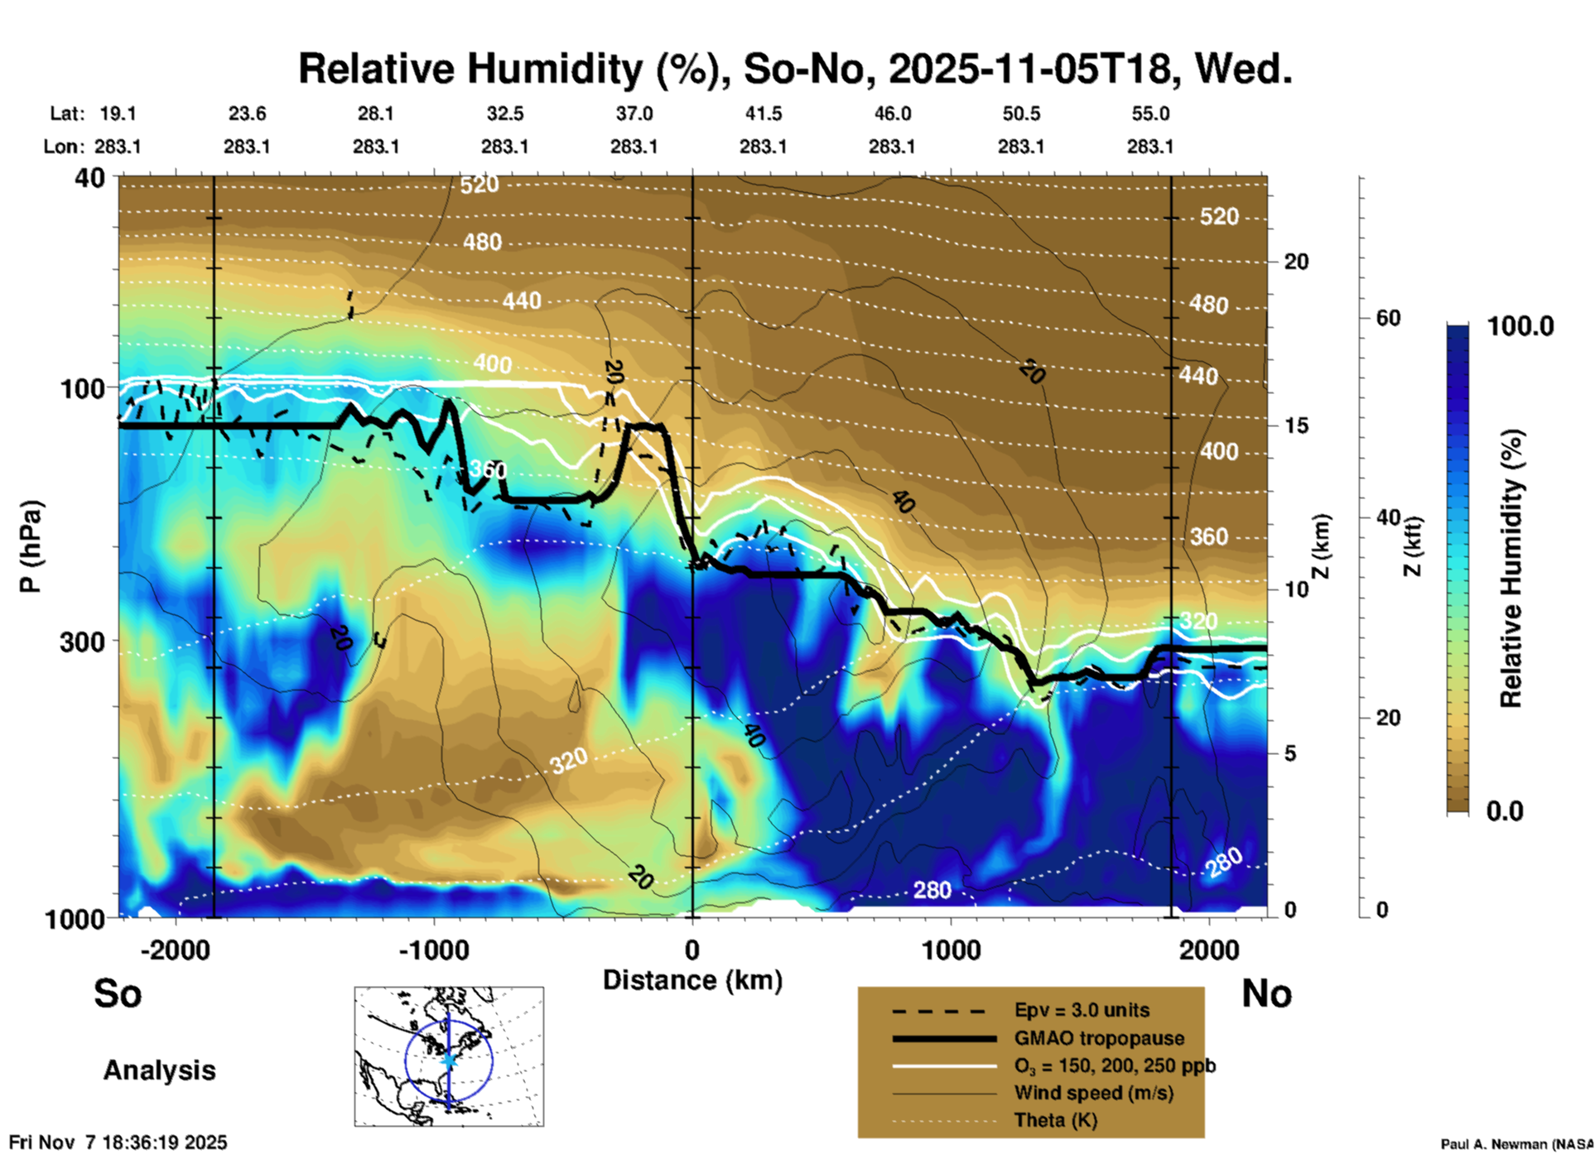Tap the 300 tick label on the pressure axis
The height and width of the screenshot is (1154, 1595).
pyautogui.click(x=83, y=642)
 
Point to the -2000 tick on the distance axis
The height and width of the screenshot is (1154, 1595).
pyautogui.click(x=176, y=950)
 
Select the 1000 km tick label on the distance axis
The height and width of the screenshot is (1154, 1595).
pyautogui.click(x=951, y=950)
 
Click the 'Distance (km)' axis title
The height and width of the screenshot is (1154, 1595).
pyautogui.click(x=692, y=980)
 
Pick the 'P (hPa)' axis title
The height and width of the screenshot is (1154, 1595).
pyautogui.click(x=31, y=546)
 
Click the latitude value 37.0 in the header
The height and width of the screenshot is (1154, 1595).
pyautogui.click(x=634, y=113)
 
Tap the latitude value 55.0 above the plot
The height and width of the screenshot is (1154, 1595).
pyautogui.click(x=1149, y=113)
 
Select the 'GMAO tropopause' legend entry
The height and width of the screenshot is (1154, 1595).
pyautogui.click(x=1099, y=1038)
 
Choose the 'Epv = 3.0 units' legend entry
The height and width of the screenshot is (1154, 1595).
pyautogui.click(x=1082, y=1011)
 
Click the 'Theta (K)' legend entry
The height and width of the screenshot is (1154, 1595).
pyautogui.click(x=1055, y=1120)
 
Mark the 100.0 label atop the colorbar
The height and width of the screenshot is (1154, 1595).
pyautogui.click(x=1520, y=326)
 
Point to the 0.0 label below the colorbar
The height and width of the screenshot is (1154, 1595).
pyautogui.click(x=1505, y=810)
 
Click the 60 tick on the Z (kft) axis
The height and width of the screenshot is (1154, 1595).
pyautogui.click(x=1388, y=318)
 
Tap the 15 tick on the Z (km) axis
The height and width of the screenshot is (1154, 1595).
pyautogui.click(x=1296, y=426)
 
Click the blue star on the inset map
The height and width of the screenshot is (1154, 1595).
pyautogui.click(x=449, y=1060)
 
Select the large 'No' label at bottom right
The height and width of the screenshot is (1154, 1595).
pyautogui.click(x=1266, y=993)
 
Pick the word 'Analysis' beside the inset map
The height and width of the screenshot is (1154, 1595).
pyautogui.click(x=159, y=1070)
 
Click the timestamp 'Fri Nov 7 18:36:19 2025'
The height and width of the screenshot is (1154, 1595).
pyautogui.click(x=118, y=1142)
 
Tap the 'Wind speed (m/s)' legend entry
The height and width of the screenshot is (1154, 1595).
pyautogui.click(x=1093, y=1093)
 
